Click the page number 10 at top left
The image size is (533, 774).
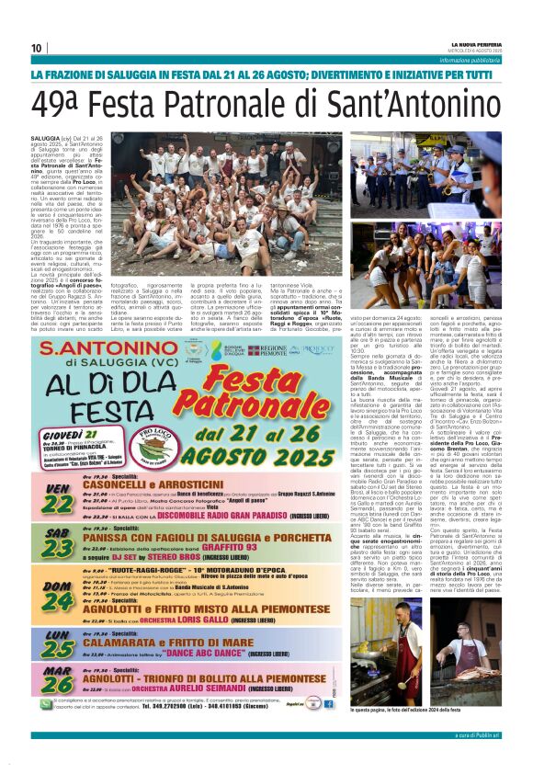pos(37,48)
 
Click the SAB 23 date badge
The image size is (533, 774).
pos(58,543)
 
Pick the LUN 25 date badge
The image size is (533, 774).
pos(58,643)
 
